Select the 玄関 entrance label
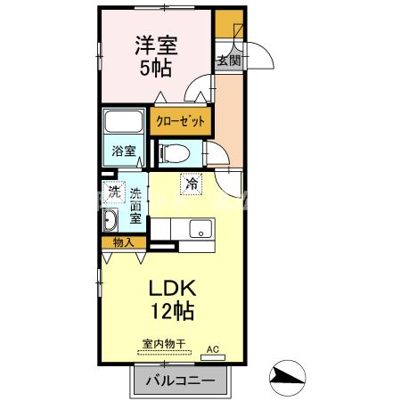tap(227, 61)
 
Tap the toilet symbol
tap(176, 152)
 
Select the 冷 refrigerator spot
tap(192, 184)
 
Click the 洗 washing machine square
tap(113, 192)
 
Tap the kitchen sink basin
tap(202, 233)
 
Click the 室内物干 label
tap(163, 343)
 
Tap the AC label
tap(212, 348)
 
